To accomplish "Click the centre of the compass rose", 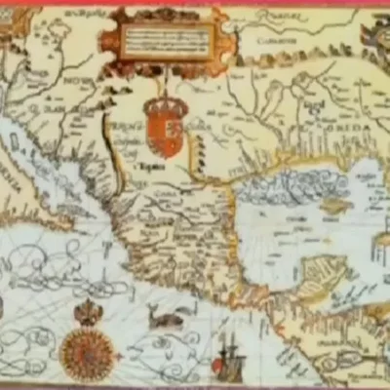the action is tap(87, 352).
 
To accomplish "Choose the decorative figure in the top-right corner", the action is tap(375, 34).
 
